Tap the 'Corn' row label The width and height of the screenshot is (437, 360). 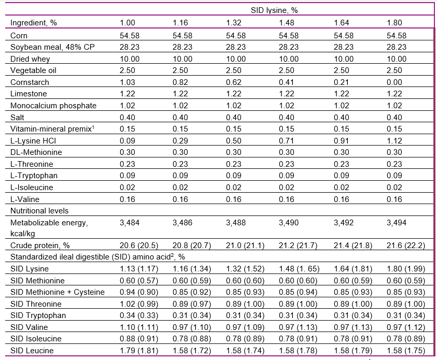19,36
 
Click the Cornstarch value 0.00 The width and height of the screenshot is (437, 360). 397,82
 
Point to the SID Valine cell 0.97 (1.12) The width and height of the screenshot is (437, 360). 406,327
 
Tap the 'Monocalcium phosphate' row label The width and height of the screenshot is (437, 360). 53,106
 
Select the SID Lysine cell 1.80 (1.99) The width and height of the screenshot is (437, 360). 406,269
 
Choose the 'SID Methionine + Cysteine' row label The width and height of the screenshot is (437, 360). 58,292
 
